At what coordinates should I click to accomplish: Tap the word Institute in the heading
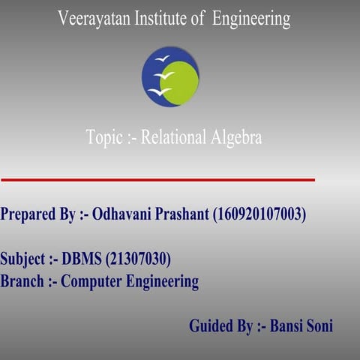[x=160, y=19]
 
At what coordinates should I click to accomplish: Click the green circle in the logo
[x=181, y=82]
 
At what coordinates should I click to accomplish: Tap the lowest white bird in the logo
[x=159, y=91]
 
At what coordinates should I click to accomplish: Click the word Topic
[x=103, y=138]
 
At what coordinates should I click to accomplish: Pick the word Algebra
[x=235, y=138]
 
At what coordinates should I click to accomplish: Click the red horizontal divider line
[x=157, y=180]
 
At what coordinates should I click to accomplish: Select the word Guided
[x=211, y=326]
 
